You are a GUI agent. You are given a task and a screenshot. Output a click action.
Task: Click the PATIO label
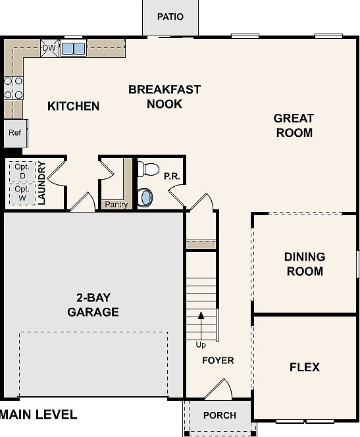coord(170,16)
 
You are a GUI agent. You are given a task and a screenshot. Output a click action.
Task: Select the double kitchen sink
coord(73,48)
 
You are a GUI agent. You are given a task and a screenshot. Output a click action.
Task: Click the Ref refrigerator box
coord(14,132)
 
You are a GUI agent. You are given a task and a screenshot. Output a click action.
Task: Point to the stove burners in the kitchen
coord(13,88)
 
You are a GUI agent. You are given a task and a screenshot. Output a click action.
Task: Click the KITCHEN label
coord(74,106)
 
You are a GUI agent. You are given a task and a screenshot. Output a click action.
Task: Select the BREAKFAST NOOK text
coord(165,96)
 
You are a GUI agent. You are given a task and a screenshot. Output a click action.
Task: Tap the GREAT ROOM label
coord(294,125)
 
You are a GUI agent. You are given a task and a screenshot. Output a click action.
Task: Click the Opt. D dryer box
coord(22,171)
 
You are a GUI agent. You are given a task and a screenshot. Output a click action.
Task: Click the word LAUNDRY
coord(41,183)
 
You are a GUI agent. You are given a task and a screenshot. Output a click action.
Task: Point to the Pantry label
coord(116,205)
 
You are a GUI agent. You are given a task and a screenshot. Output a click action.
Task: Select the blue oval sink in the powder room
coord(146,196)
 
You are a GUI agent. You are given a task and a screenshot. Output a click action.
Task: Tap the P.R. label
coord(172,176)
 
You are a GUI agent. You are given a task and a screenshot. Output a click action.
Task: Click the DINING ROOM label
coord(304,263)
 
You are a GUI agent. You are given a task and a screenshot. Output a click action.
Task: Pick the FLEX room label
coord(304,367)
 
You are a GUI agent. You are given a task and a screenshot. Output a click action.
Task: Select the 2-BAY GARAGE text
coord(93,305)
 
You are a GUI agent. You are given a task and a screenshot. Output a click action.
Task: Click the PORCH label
coord(219,415)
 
